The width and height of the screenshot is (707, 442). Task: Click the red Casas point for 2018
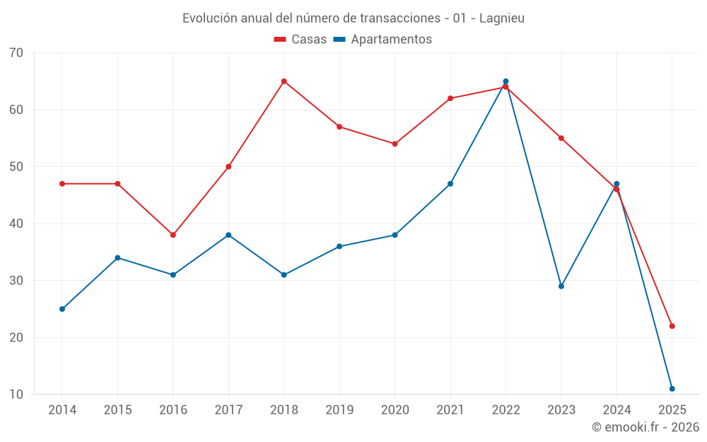tap(284, 81)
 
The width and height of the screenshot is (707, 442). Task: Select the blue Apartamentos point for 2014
tap(62, 309)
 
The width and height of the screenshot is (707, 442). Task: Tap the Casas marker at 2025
tap(672, 326)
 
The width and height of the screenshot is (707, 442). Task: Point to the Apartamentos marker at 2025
tap(672, 388)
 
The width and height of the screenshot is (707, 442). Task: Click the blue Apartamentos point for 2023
tap(561, 286)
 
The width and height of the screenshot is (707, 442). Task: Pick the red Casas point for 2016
tap(173, 235)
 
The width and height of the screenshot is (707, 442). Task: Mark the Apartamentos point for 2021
tap(450, 184)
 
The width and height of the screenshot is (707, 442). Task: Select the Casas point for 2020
tap(395, 144)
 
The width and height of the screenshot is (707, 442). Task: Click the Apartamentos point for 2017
tap(228, 235)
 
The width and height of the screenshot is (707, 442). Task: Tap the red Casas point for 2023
tap(561, 138)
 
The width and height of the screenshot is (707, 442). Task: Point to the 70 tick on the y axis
tap(16, 53)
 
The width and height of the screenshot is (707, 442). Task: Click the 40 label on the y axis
tap(16, 223)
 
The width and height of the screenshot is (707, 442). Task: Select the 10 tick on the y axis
tap(16, 395)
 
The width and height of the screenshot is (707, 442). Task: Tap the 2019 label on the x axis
tap(339, 410)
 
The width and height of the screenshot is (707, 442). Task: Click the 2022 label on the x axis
tap(506, 410)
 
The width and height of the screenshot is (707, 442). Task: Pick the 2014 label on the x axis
tap(62, 410)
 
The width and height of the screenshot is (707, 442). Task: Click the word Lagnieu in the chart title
tap(501, 18)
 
